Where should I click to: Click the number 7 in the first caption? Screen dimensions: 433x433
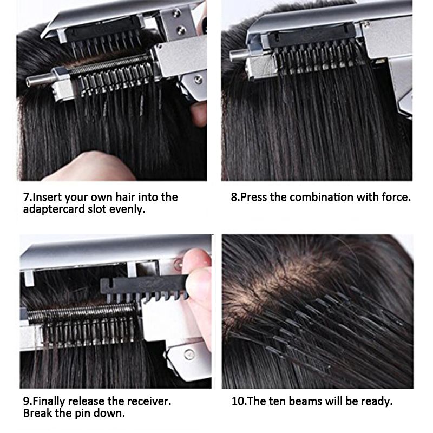26,198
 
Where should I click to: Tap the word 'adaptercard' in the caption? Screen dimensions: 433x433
53,209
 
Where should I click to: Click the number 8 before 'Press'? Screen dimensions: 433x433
234,198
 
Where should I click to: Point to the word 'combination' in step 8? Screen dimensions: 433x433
322,198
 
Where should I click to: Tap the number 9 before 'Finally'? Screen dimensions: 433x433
26,401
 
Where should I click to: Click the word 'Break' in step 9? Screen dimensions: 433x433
37,413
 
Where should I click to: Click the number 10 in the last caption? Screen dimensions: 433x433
237,401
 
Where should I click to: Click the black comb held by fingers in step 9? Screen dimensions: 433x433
143,288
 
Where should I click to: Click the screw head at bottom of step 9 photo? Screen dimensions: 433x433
189,354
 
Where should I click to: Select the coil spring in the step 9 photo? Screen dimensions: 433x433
82,313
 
